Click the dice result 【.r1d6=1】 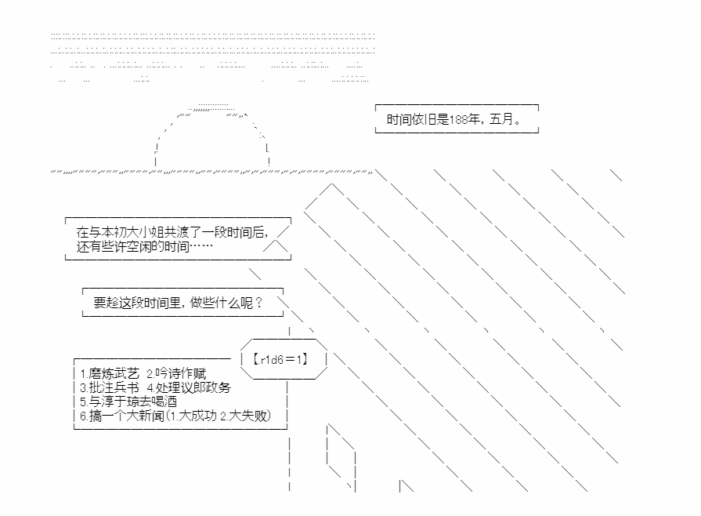(x=280, y=359)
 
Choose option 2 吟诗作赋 (x=181, y=373)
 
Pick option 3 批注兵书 (x=110, y=387)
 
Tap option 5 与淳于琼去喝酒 (x=128, y=402)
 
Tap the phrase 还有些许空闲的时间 (x=132, y=247)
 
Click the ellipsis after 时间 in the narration (x=201, y=247)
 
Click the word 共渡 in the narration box (x=179, y=233)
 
